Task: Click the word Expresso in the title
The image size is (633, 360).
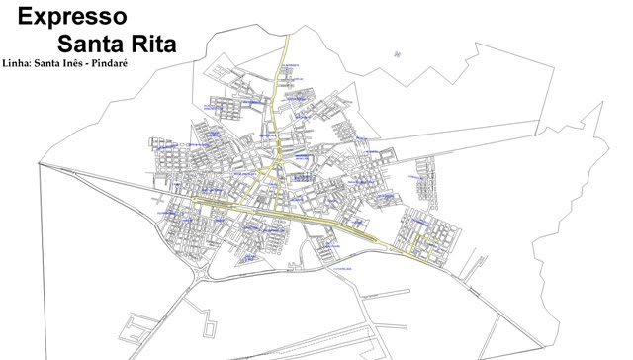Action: [72, 16]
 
